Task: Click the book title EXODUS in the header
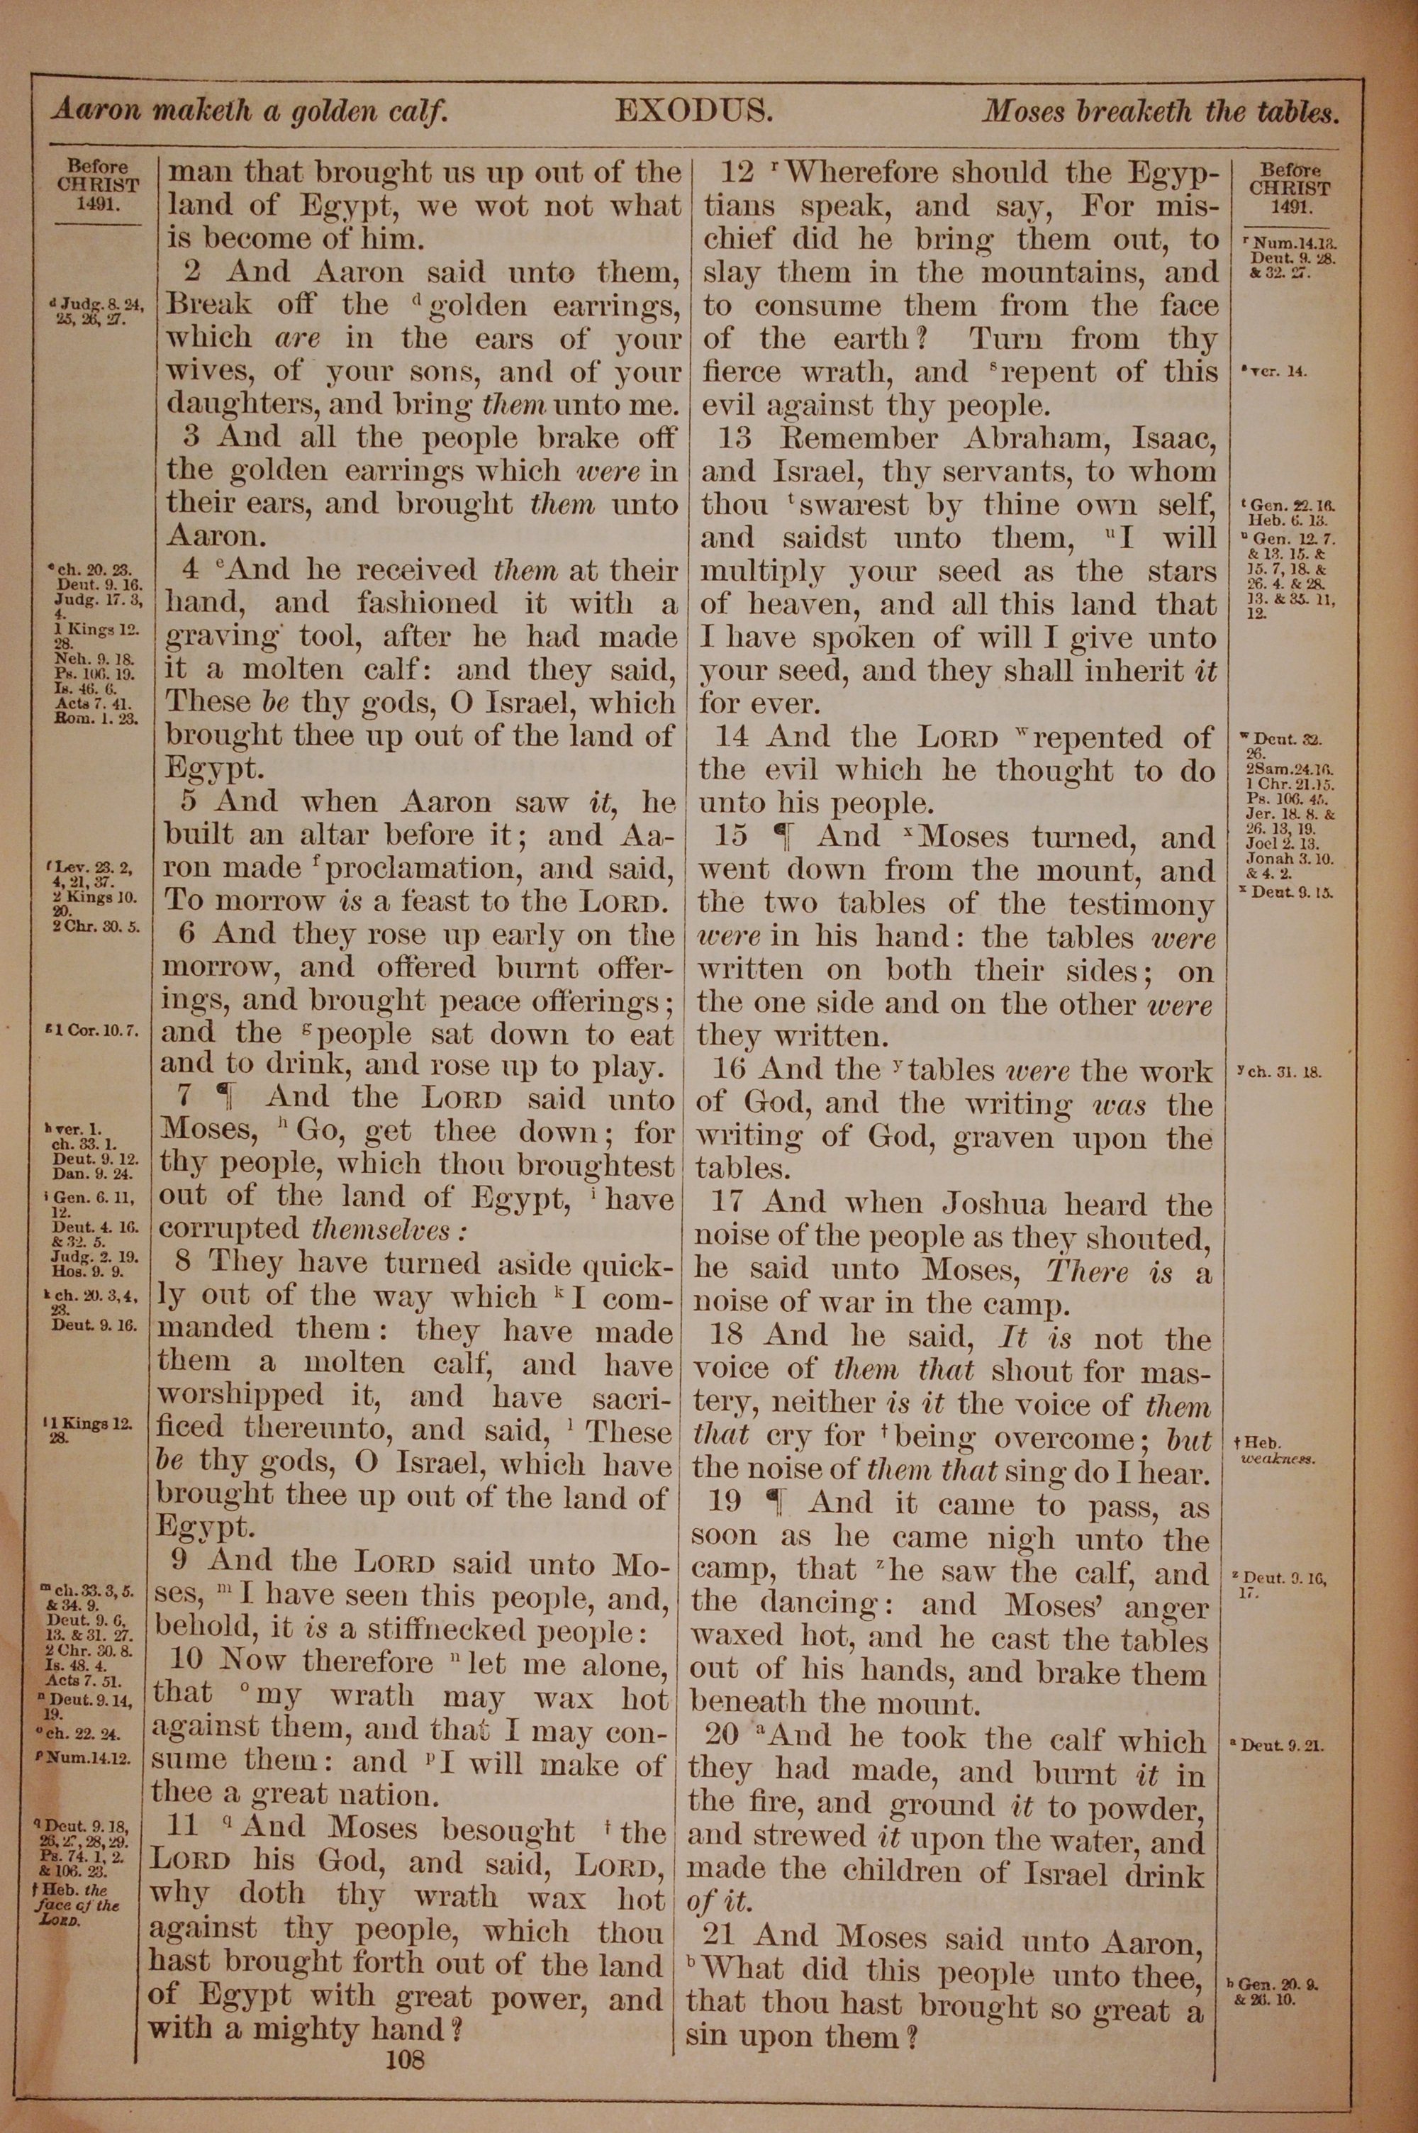[693, 111]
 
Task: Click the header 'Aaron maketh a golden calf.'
[250, 111]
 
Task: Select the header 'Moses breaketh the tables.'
[1160, 112]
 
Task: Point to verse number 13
[736, 438]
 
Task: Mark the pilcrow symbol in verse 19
[774, 1502]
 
